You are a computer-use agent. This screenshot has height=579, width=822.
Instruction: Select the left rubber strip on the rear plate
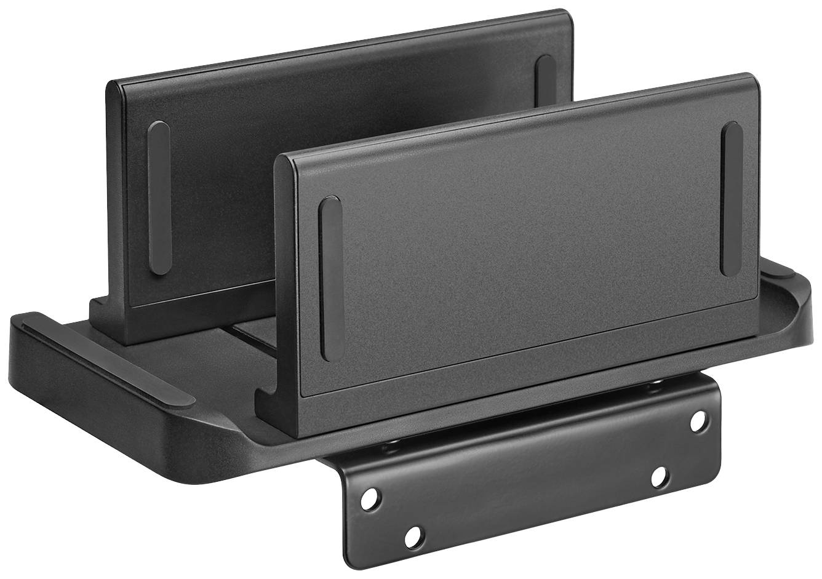tap(159, 197)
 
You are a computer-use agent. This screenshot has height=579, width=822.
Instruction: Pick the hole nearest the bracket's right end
tap(698, 421)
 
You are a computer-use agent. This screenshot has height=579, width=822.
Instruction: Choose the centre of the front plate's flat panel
tap(523, 246)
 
